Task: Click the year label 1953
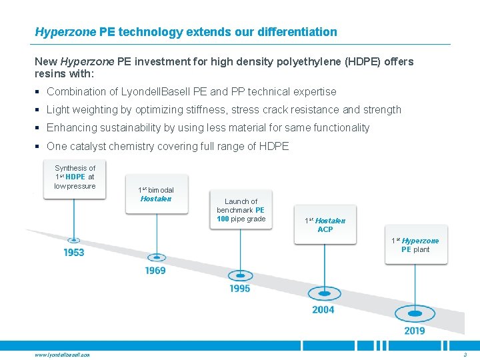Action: [x=74, y=253]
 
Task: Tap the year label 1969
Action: [x=155, y=271]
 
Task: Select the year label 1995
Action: [x=239, y=289]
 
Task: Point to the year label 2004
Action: [x=323, y=309]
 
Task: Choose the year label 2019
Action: [x=415, y=331]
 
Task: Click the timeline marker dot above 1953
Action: [x=74, y=240]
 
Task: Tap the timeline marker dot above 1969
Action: [x=156, y=257]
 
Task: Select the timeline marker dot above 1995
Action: [x=240, y=275]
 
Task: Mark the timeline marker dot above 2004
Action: [x=323, y=293]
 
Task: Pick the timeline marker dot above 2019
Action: [x=415, y=313]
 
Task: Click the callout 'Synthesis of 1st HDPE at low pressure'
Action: [x=75, y=177]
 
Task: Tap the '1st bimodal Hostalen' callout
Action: [x=156, y=194]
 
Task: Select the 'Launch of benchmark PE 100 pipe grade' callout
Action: [x=241, y=210]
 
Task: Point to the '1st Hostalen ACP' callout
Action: [x=325, y=225]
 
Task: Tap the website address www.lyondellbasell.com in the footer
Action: [x=62, y=355]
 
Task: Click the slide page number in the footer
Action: [x=465, y=355]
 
